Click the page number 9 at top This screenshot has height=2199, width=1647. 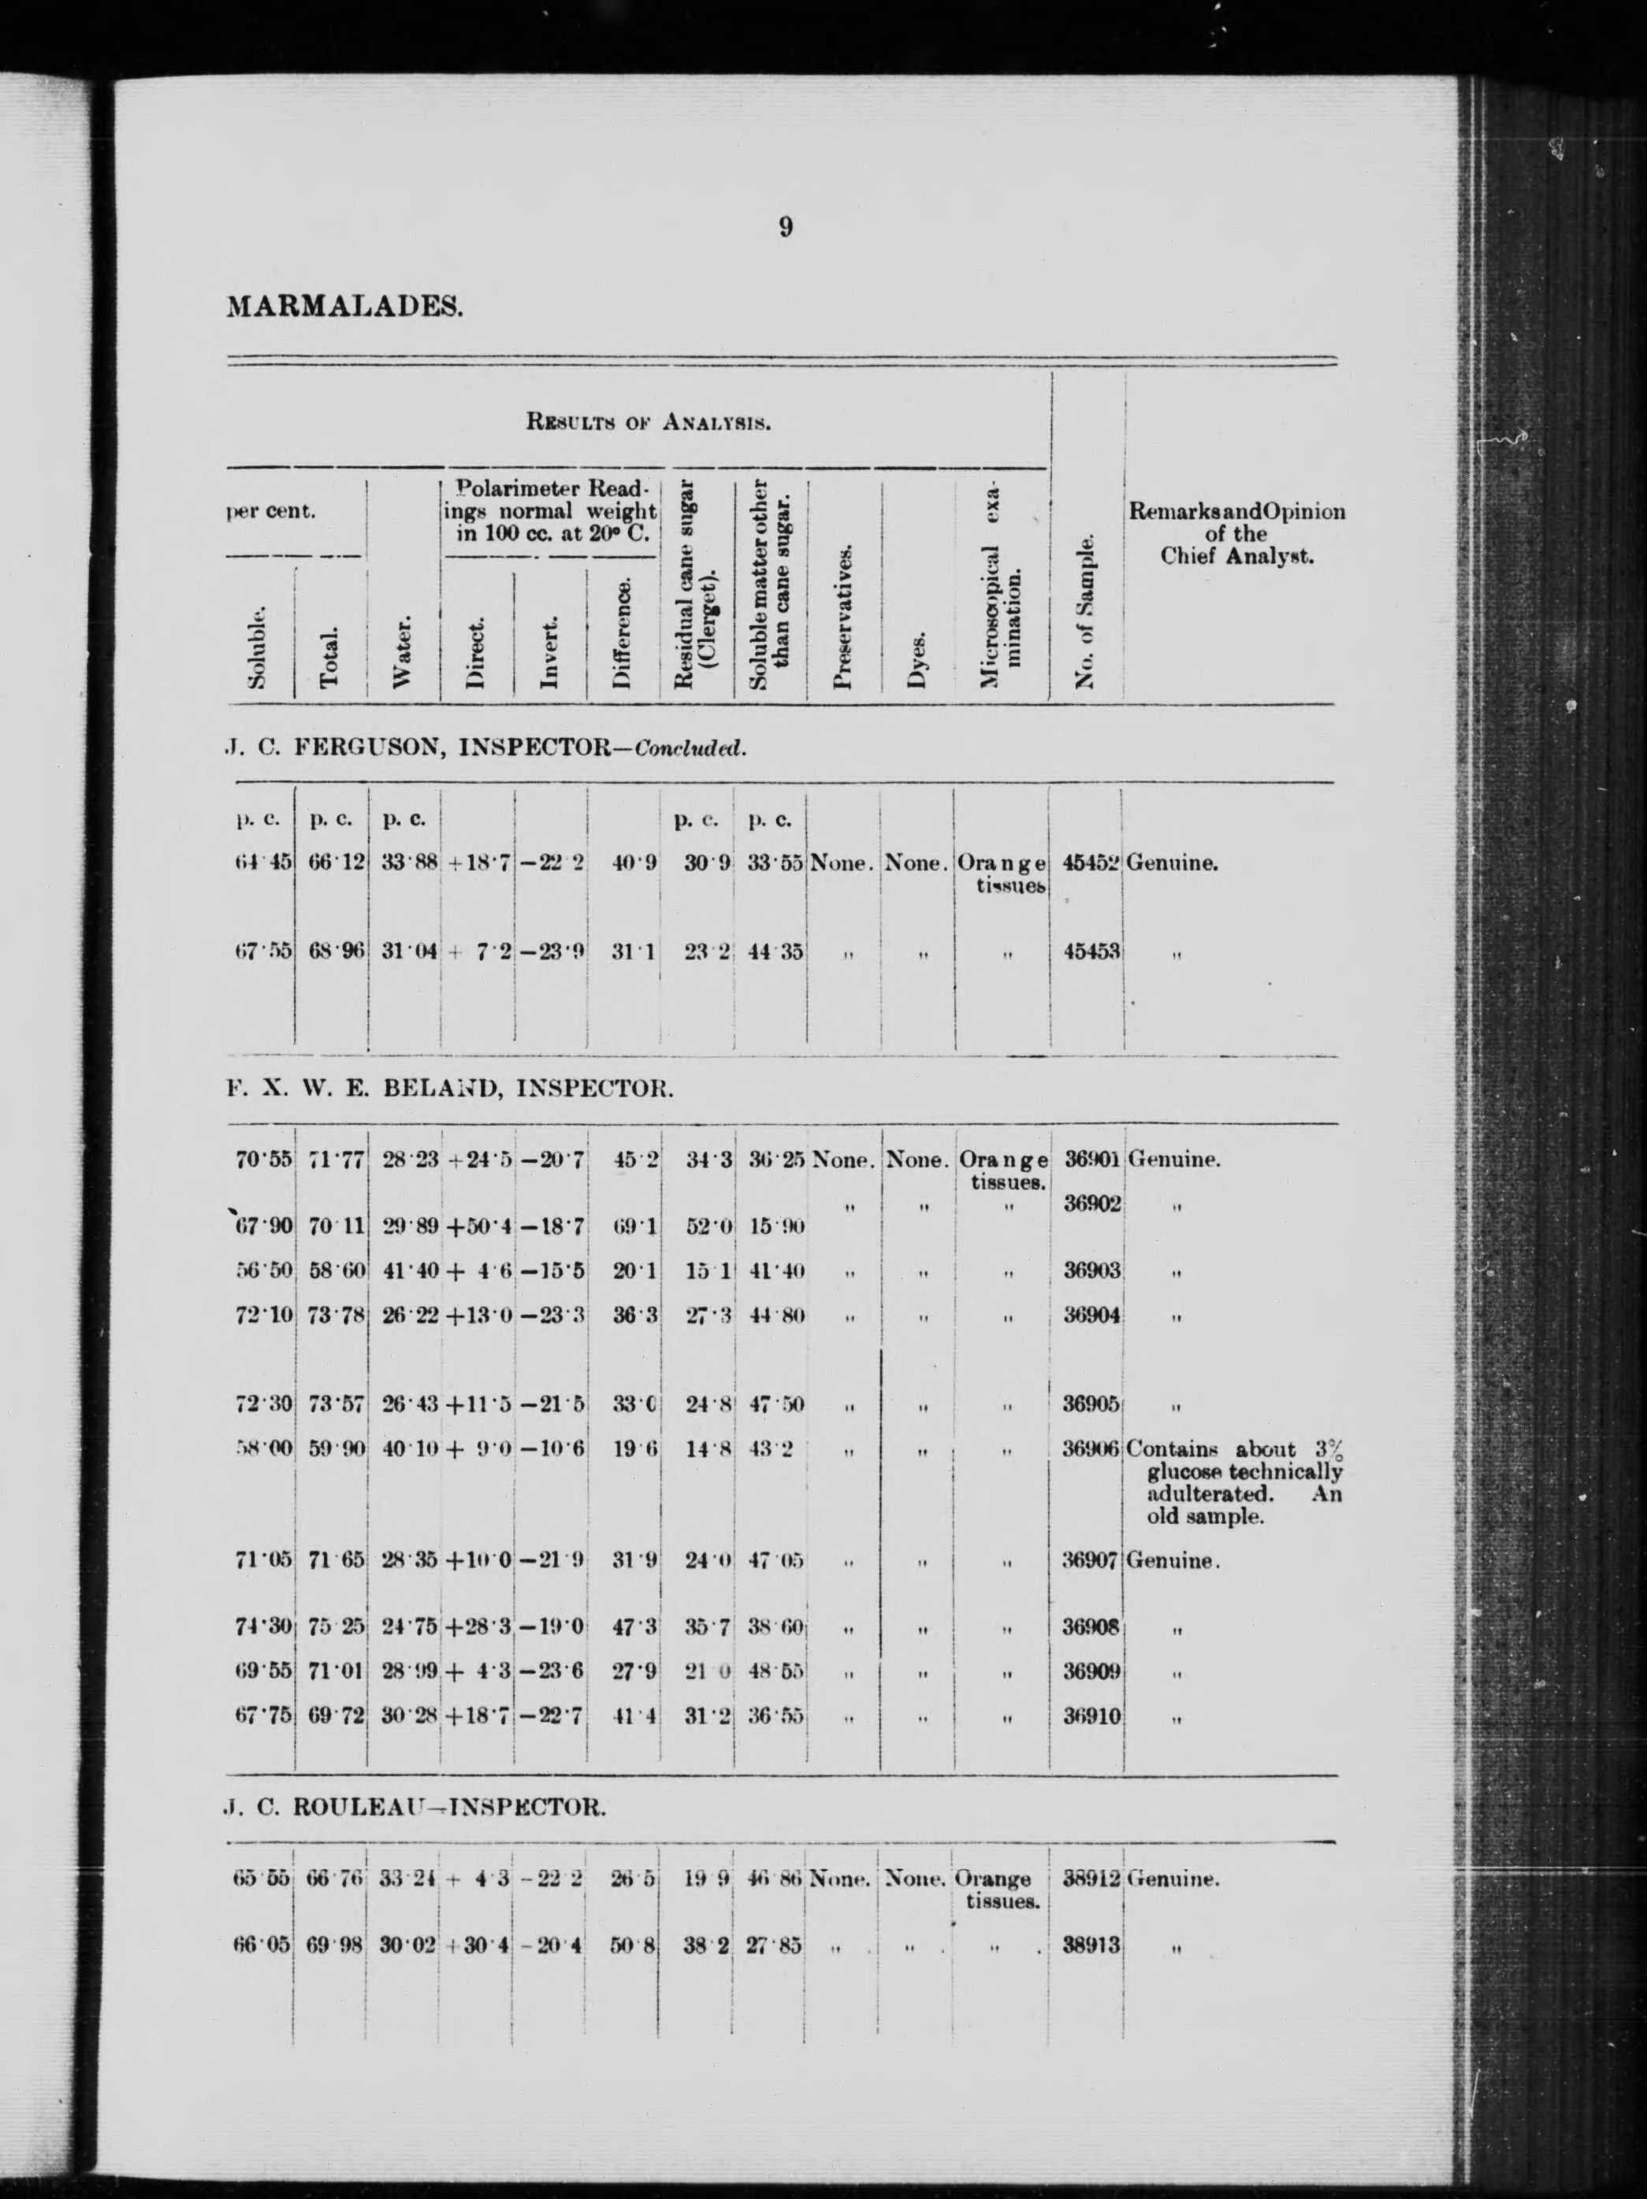(x=786, y=228)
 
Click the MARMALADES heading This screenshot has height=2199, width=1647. (x=345, y=306)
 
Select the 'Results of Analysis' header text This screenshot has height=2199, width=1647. (x=649, y=422)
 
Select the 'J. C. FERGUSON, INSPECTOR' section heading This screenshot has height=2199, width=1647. (x=487, y=747)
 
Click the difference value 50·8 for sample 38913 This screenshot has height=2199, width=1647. (x=631, y=1945)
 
